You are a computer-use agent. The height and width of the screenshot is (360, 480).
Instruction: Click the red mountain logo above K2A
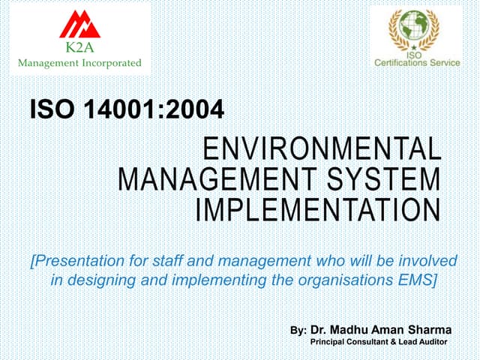(x=80, y=25)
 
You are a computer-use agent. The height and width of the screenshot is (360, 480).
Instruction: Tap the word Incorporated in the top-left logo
(x=108, y=63)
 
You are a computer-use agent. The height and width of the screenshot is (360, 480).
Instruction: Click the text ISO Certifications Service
(x=417, y=62)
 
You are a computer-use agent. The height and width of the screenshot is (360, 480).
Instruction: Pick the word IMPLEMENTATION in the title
(x=318, y=209)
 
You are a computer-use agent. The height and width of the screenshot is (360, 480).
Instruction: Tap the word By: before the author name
(x=298, y=330)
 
